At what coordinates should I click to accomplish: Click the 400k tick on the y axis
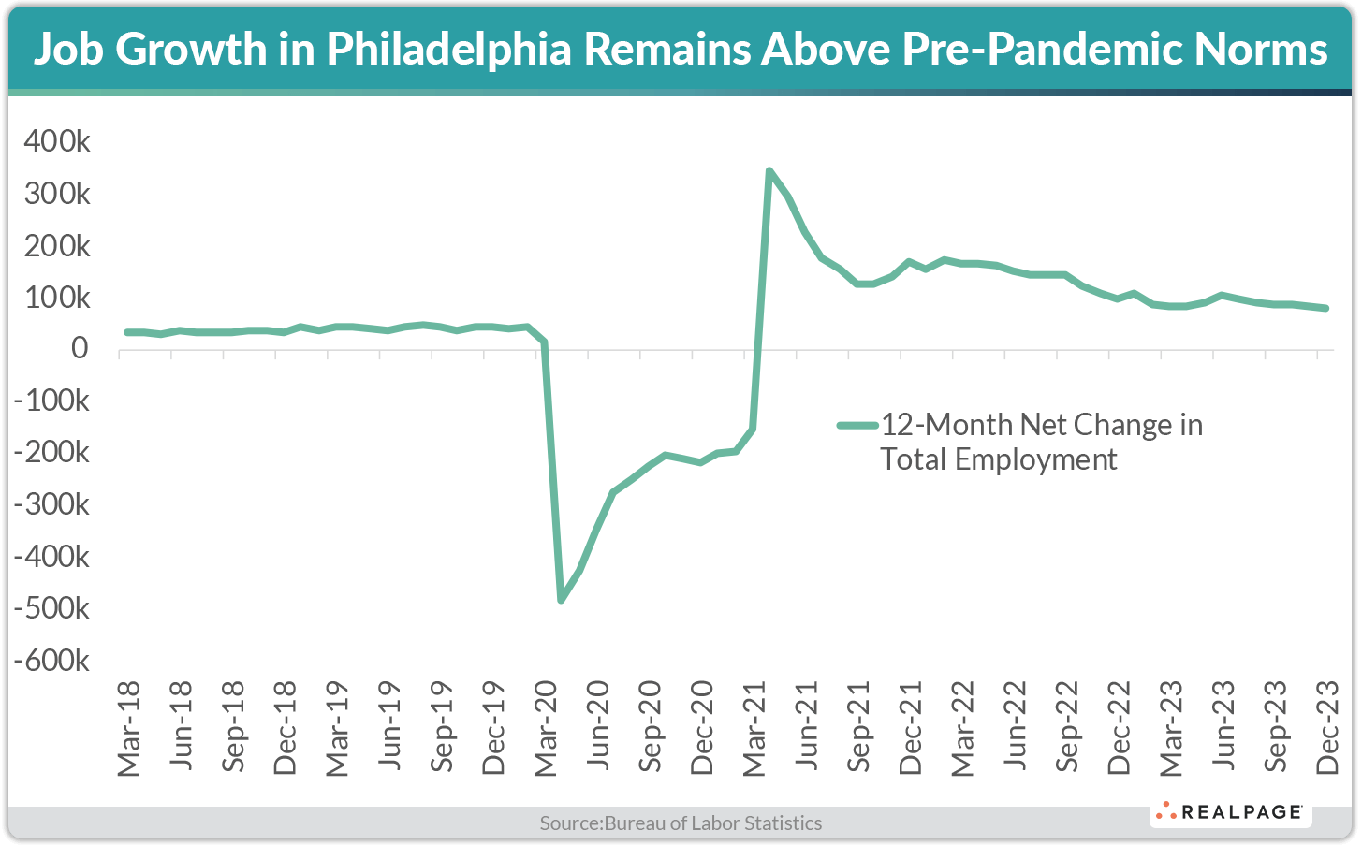coord(56,142)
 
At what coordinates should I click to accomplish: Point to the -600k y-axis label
coord(51,661)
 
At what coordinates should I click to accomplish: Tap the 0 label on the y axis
coord(79,349)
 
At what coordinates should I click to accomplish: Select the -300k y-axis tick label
coord(51,505)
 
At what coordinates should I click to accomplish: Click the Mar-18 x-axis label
coord(128,729)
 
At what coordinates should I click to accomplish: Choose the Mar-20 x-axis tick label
coord(546,729)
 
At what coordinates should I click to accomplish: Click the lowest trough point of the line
coord(561,600)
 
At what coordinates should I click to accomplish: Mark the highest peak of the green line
coord(769,171)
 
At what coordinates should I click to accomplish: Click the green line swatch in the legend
coord(857,425)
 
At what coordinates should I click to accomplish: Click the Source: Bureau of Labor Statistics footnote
coord(681,823)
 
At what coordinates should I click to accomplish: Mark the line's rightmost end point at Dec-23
coord(1325,308)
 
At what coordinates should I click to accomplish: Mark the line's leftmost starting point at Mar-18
coord(126,332)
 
